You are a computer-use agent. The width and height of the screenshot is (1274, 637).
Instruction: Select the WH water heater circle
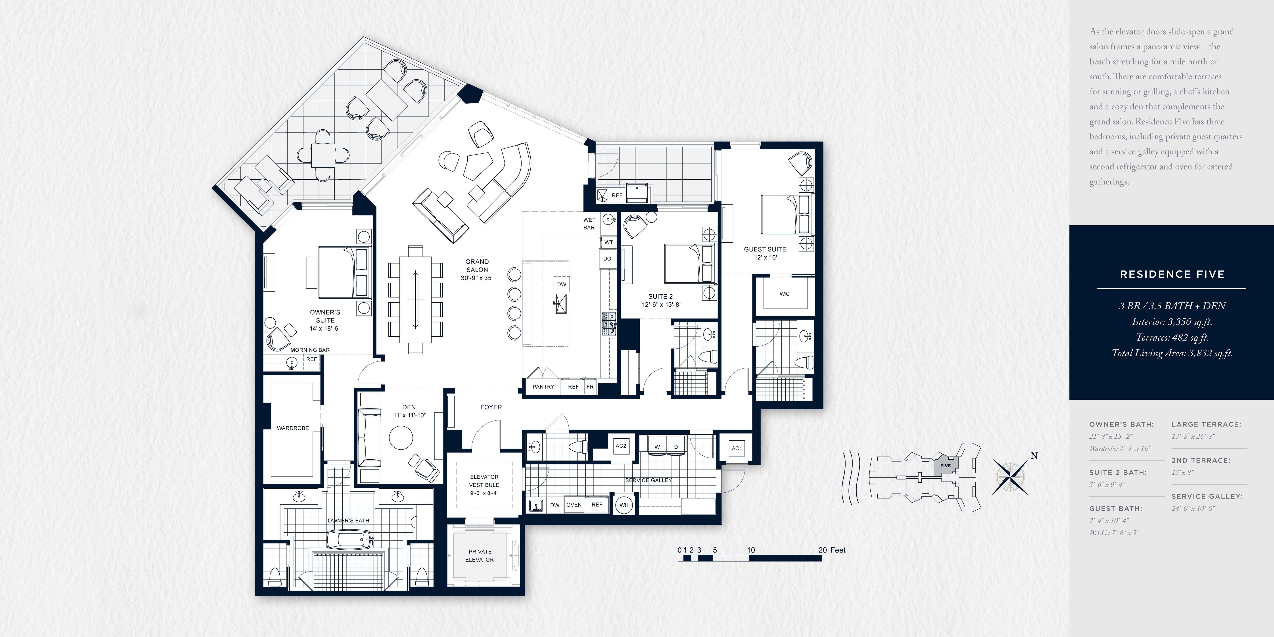pos(624,505)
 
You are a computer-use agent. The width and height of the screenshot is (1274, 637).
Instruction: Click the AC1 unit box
pos(736,449)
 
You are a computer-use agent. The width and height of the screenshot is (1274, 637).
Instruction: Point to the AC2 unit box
pos(621,446)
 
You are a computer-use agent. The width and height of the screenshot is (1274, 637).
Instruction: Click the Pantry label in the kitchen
pos(543,387)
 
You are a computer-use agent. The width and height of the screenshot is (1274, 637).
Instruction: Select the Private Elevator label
pos(480,555)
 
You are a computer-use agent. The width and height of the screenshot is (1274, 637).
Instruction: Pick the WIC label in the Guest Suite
pos(784,294)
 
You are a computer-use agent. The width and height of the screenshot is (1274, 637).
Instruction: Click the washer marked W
pos(657,447)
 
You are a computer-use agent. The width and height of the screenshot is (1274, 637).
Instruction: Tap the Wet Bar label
pos(589,224)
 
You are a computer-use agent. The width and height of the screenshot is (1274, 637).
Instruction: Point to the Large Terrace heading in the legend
pos(1206,424)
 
